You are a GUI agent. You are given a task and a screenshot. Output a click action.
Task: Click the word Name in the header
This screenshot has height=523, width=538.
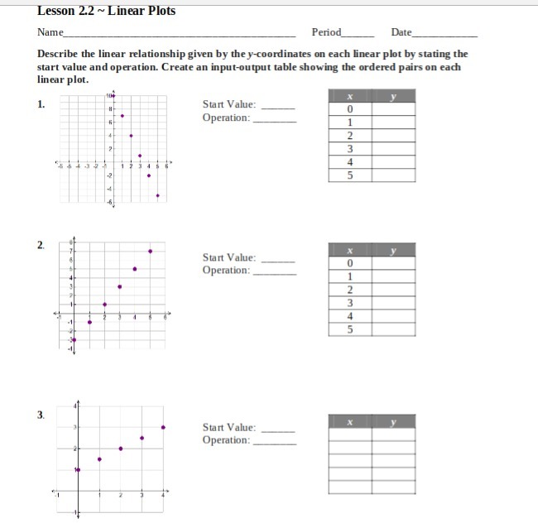(50, 32)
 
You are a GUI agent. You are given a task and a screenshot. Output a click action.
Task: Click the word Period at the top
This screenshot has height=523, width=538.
(326, 32)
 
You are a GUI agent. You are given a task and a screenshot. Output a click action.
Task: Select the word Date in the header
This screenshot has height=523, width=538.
(401, 32)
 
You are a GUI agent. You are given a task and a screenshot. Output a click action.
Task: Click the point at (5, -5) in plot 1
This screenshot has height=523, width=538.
(157, 196)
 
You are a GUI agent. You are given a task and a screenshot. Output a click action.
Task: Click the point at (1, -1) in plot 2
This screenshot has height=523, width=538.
(89, 322)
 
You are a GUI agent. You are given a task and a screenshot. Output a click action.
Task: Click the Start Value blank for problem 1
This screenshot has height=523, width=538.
(278, 106)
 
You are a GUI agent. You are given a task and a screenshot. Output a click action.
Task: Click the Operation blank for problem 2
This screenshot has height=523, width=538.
(274, 271)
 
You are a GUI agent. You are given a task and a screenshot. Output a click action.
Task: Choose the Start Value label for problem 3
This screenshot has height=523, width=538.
(229, 428)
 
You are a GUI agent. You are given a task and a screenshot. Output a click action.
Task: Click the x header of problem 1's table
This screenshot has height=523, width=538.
(350, 98)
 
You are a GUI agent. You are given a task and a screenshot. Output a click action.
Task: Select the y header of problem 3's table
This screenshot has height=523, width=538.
(393, 422)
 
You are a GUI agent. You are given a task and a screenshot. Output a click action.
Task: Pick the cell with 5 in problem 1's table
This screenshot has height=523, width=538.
(350, 175)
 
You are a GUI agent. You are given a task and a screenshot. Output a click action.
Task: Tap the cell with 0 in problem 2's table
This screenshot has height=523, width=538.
(350, 262)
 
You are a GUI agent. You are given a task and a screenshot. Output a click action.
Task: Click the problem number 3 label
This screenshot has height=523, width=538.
(40, 414)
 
